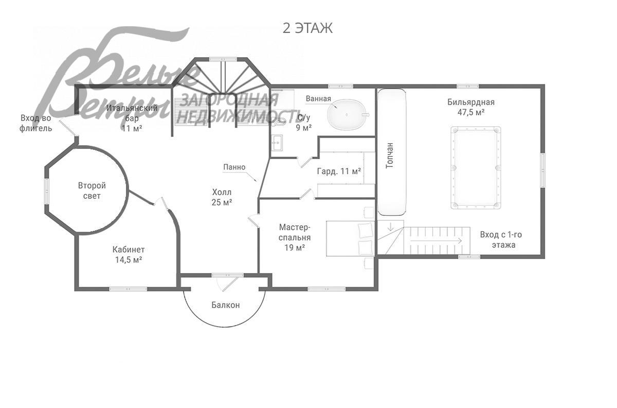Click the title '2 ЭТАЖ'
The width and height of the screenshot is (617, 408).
point(307,28)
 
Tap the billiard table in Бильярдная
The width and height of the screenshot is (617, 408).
point(476,167)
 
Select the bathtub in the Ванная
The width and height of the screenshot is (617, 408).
point(348,114)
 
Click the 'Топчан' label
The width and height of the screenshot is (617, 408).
point(390,156)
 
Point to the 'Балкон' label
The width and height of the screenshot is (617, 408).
point(226,305)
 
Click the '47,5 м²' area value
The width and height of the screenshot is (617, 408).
point(471,112)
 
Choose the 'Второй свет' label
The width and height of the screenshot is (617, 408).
point(92,191)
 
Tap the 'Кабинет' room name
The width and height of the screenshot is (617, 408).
point(129,249)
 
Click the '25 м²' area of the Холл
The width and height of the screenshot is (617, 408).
point(222,202)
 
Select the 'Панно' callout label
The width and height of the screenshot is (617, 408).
point(234,167)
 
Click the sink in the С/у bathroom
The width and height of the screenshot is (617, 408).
point(277,143)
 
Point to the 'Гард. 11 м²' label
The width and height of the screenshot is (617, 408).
point(339,172)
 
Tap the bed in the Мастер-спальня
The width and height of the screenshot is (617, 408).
point(350,239)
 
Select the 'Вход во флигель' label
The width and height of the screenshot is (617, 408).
point(36,123)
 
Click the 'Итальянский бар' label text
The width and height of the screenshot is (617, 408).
point(132,113)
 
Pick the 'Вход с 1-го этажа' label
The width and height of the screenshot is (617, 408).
point(501,240)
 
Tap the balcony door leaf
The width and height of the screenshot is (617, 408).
point(230,284)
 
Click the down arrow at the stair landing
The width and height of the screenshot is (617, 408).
point(391,227)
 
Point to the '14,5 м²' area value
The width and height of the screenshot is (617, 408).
point(129,260)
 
